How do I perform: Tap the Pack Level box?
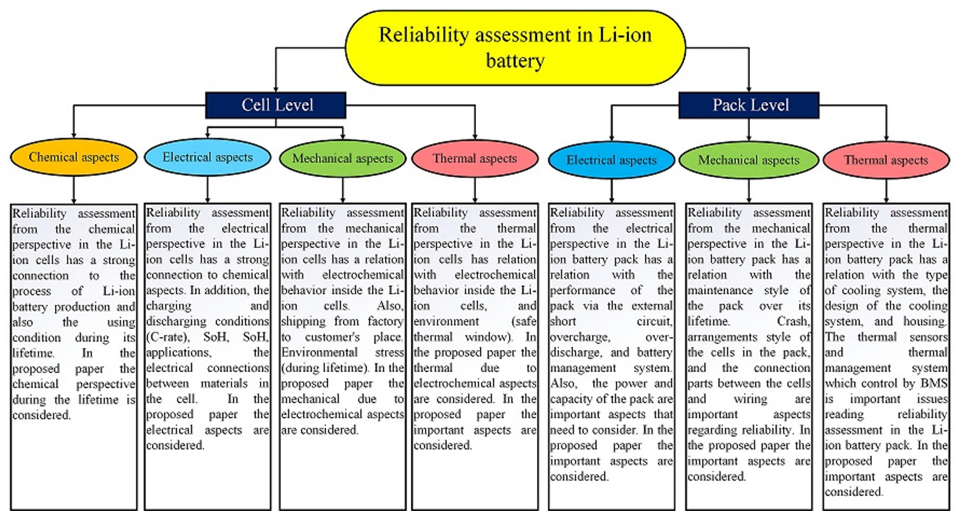click(x=749, y=105)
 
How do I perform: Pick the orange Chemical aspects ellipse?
click(x=73, y=157)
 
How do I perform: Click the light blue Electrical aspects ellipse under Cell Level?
click(x=207, y=157)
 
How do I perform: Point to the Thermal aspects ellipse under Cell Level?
click(x=475, y=159)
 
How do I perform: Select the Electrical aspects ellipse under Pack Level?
click(x=611, y=160)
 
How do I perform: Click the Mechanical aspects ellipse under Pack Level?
click(x=748, y=160)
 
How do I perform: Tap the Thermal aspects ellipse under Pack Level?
click(x=886, y=160)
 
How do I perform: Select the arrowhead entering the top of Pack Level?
click(x=749, y=88)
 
